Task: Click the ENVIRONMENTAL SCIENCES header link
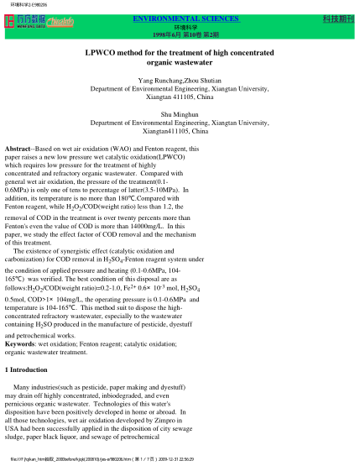coord(180,17)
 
